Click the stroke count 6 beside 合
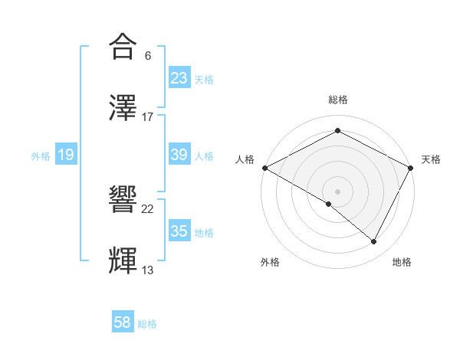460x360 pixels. [148, 56]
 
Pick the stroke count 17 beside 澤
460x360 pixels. [148, 116]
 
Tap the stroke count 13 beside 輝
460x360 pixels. [148, 270]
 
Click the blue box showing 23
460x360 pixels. [179, 78]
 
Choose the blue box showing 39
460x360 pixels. [179, 155]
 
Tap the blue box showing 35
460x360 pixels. [179, 231]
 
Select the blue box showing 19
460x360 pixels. [66, 155]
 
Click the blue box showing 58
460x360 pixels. [123, 323]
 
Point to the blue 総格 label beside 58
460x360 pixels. [147, 324]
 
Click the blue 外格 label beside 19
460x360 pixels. [41, 156]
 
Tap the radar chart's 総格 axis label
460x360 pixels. [337, 100]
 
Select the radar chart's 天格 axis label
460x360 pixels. [431, 159]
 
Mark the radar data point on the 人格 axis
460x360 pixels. [264, 168]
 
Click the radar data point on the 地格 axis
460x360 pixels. [374, 242]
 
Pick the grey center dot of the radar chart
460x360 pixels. [337, 191]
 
